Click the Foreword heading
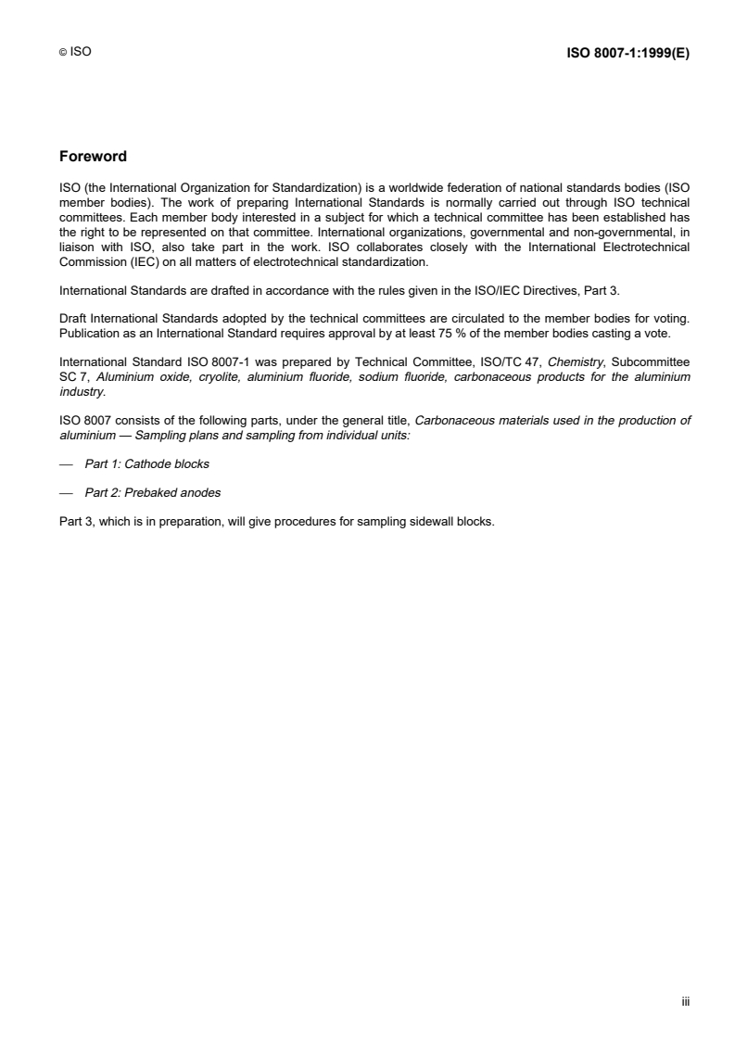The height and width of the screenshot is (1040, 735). [x=92, y=156]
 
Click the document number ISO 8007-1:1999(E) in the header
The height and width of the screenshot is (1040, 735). [x=627, y=53]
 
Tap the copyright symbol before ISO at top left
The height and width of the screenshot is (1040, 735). [x=61, y=54]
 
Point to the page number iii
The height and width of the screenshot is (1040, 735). [x=685, y=1001]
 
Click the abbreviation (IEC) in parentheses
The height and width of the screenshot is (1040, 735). [x=126, y=261]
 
